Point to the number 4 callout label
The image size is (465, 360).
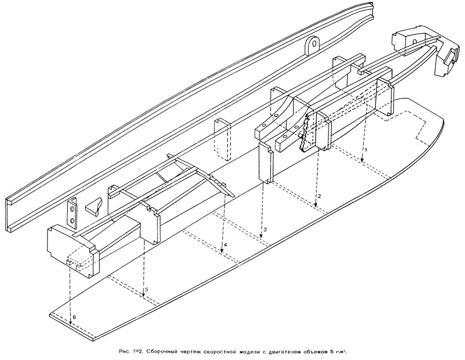[226, 244]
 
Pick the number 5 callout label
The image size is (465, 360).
[146, 290]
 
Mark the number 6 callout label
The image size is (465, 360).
[74, 317]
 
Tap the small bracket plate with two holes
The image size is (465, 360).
[72, 213]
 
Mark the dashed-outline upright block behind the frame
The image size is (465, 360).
[222, 139]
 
